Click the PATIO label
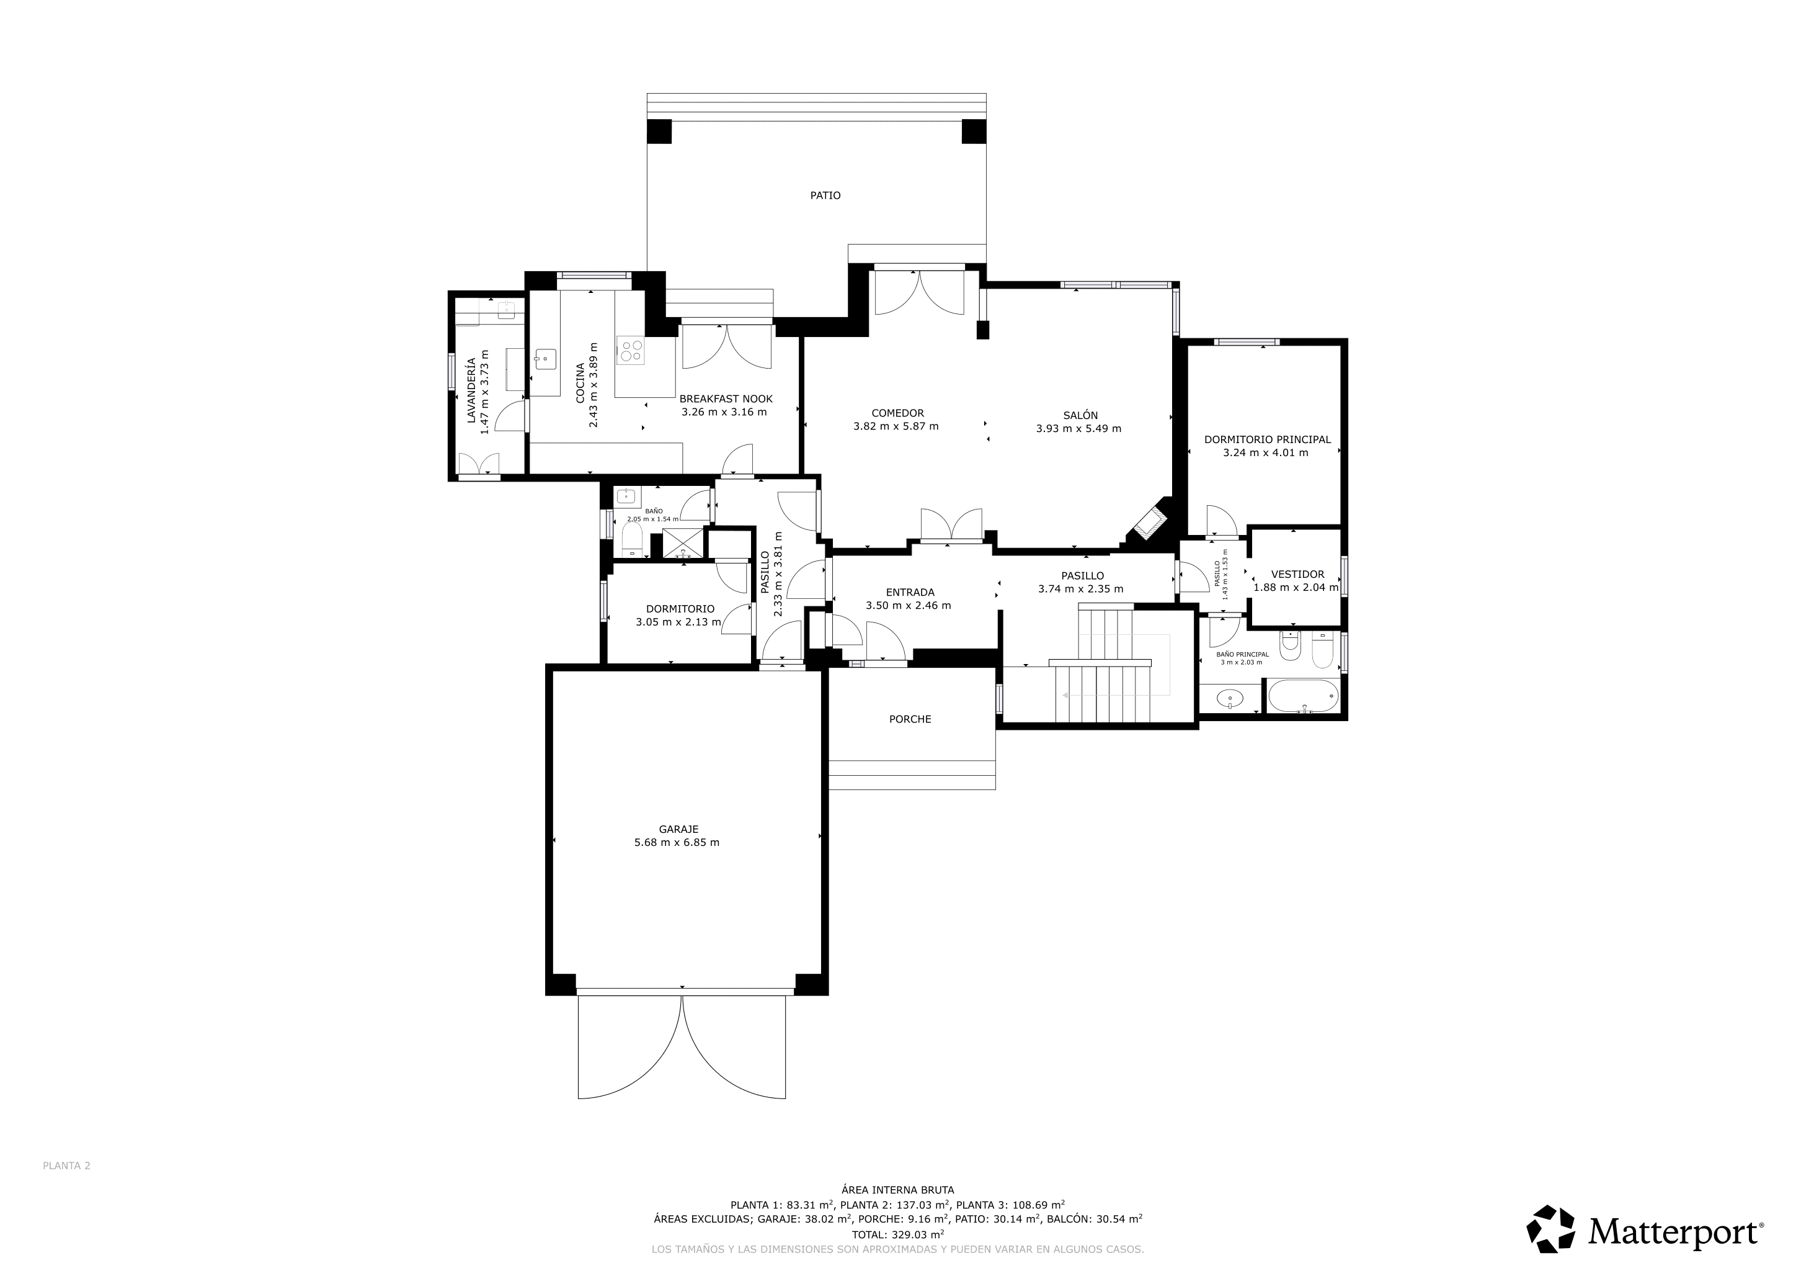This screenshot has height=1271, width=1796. pos(825,195)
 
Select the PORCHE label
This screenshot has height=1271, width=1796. pos(910,719)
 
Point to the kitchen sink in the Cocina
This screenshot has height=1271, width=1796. pos(545,360)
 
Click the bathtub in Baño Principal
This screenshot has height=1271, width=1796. pos(1303,696)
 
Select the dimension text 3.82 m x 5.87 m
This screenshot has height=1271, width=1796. pos(896,426)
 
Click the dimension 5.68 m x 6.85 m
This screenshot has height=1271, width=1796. pos(677,843)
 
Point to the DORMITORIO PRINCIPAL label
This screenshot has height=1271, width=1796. pos(1267,440)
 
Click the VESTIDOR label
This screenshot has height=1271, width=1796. pos(1298,575)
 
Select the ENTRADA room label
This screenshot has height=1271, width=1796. pos(910,593)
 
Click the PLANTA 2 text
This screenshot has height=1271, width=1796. pos(66,1165)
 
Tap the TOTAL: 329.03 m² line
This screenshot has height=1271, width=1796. pos(897,1235)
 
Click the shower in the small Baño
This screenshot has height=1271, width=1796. pos(683,543)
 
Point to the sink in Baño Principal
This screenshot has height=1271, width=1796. pos(1230,698)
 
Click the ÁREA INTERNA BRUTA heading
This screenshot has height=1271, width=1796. pos(897,1190)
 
